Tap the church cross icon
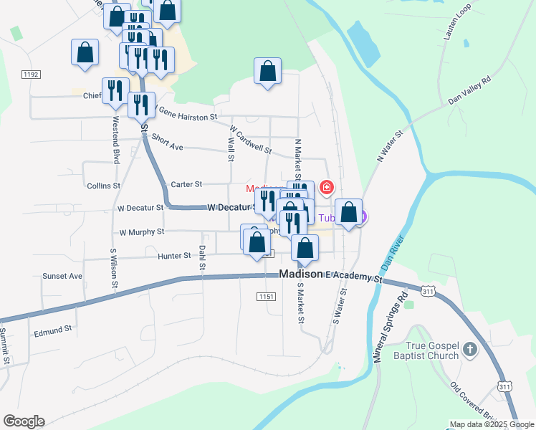(469, 350)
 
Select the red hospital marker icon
(327, 188)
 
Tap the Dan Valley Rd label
(469, 90)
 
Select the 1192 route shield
(30, 74)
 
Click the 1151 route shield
(266, 297)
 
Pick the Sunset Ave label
(62, 276)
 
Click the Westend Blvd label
(115, 145)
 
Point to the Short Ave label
(168, 145)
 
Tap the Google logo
(24, 421)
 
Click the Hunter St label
(176, 255)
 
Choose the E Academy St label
(348, 277)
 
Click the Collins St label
(103, 186)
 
